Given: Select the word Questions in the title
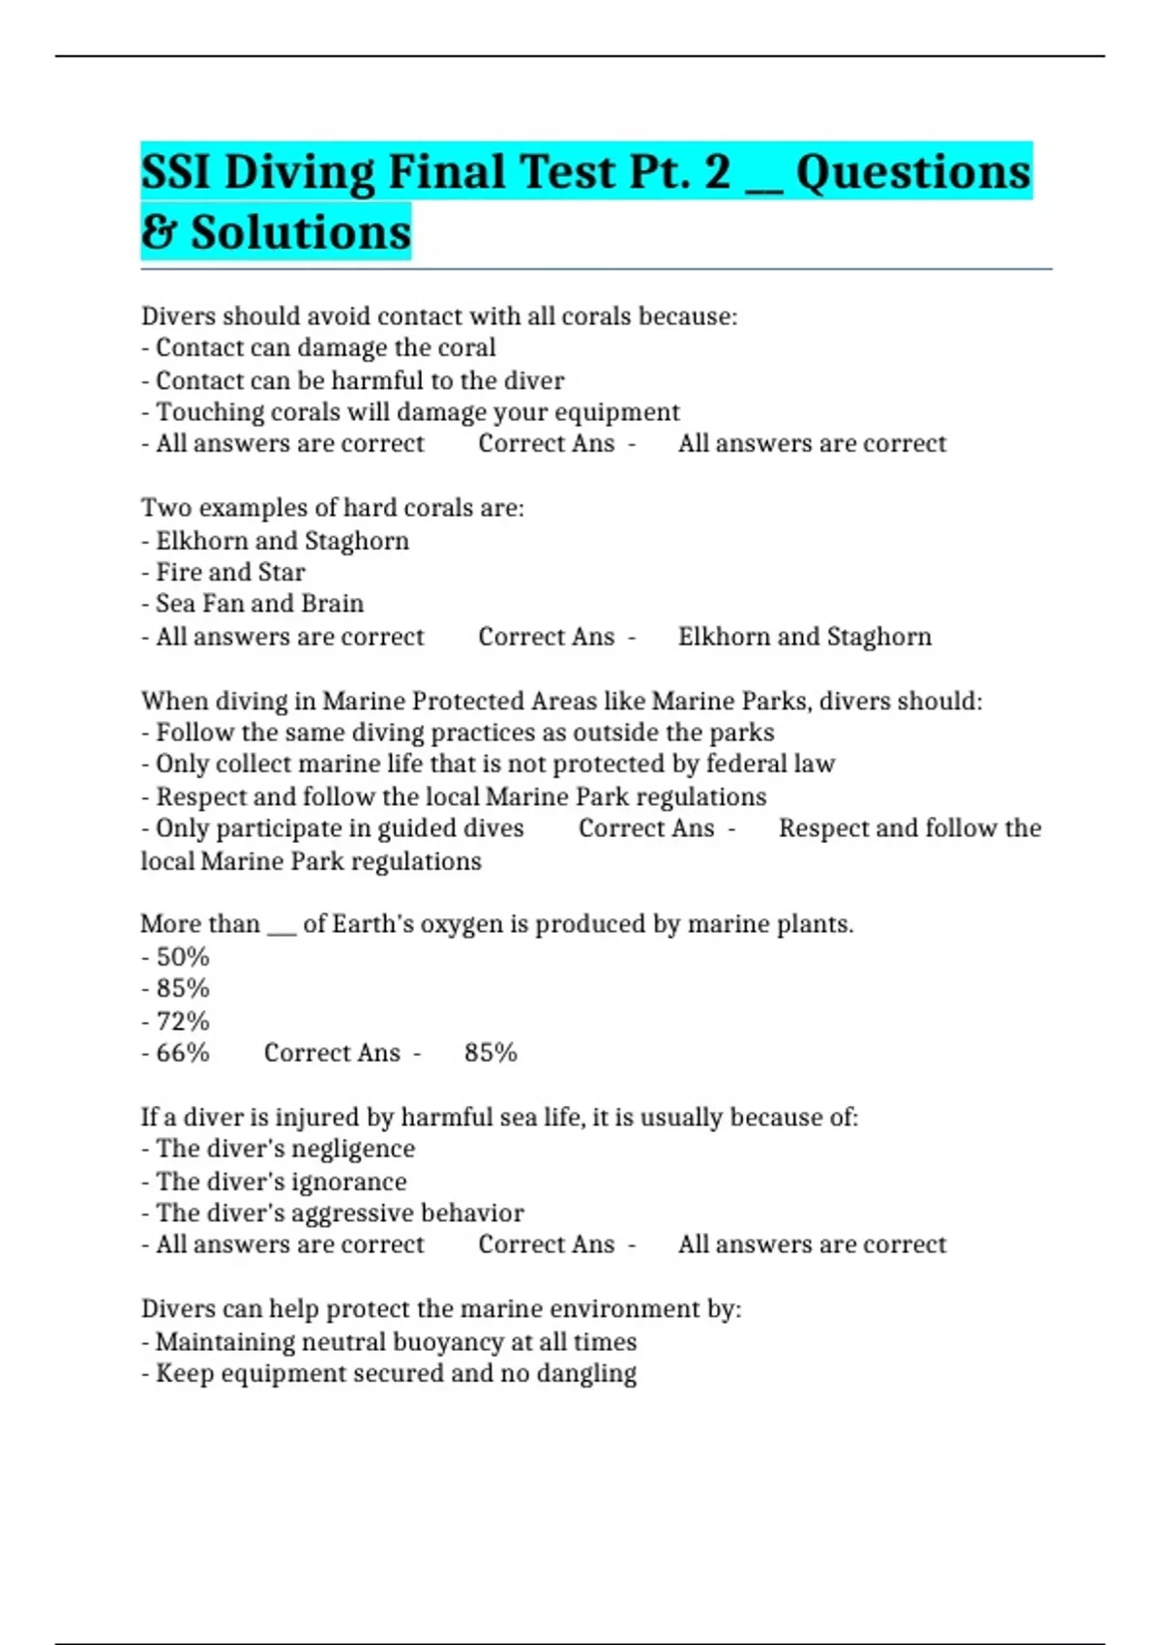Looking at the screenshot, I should (912, 172).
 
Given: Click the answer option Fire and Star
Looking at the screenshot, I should (229, 572).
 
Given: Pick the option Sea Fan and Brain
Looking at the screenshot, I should (259, 604).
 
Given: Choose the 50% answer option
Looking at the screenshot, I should (182, 957).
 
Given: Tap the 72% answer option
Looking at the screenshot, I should (182, 1021).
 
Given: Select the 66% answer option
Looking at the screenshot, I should (182, 1053).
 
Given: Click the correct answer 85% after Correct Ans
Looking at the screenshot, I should (491, 1053).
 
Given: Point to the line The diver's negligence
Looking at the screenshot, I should (284, 1149).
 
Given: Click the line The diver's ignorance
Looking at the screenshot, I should (281, 1181).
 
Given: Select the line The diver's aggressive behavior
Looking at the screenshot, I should (339, 1213).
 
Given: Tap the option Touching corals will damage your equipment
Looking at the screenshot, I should (417, 412).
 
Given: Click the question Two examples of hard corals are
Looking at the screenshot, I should (332, 508).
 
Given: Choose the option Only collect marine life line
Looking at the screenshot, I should (494, 764).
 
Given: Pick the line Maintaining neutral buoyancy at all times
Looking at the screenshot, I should (396, 1342).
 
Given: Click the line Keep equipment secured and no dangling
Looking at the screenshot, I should (396, 1374).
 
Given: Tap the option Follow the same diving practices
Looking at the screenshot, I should (464, 733).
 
